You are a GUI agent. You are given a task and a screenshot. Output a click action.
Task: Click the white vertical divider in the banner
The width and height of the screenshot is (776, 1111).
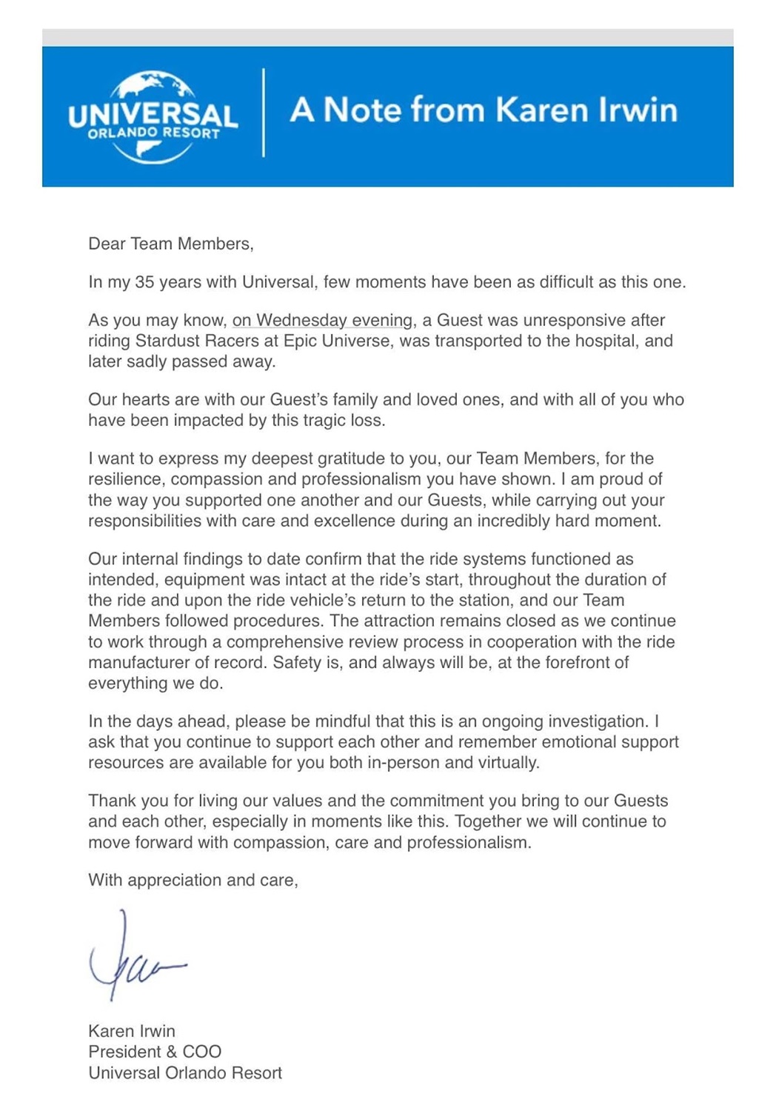pos(264,113)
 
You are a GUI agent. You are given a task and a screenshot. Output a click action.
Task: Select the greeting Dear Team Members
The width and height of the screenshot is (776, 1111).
pos(170,244)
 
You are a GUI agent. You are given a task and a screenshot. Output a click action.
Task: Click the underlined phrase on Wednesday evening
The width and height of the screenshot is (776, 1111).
pos(322,321)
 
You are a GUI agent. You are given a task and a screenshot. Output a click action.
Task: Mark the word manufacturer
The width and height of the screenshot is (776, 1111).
pos(137,662)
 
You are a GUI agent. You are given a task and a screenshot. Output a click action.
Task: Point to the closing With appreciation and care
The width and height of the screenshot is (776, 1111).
pos(193,880)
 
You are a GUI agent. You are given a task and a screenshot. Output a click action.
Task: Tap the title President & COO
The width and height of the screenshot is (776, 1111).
pos(155,1052)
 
